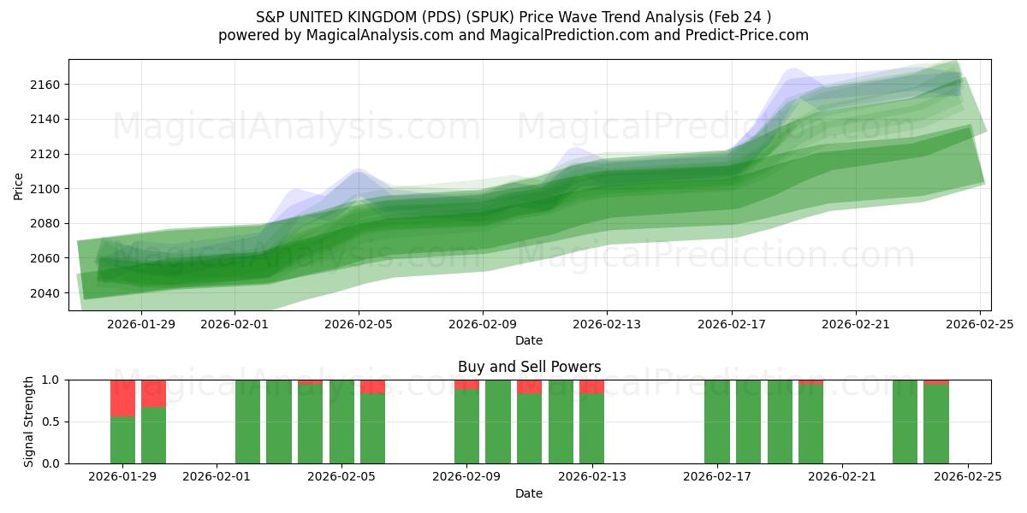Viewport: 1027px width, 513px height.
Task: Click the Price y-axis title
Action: click(19, 186)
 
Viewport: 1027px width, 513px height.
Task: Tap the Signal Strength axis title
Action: click(29, 422)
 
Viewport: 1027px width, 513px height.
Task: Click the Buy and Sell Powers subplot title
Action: click(529, 367)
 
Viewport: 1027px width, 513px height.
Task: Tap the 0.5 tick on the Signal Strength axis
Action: click(50, 422)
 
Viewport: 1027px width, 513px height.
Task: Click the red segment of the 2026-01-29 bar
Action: click(123, 398)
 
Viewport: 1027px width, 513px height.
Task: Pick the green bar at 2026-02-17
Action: click(717, 422)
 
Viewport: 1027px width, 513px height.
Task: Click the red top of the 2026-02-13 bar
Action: click(591, 386)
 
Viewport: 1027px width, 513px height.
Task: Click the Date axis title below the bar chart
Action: click(529, 493)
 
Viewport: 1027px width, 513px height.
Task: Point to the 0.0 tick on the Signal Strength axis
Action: click(50, 463)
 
